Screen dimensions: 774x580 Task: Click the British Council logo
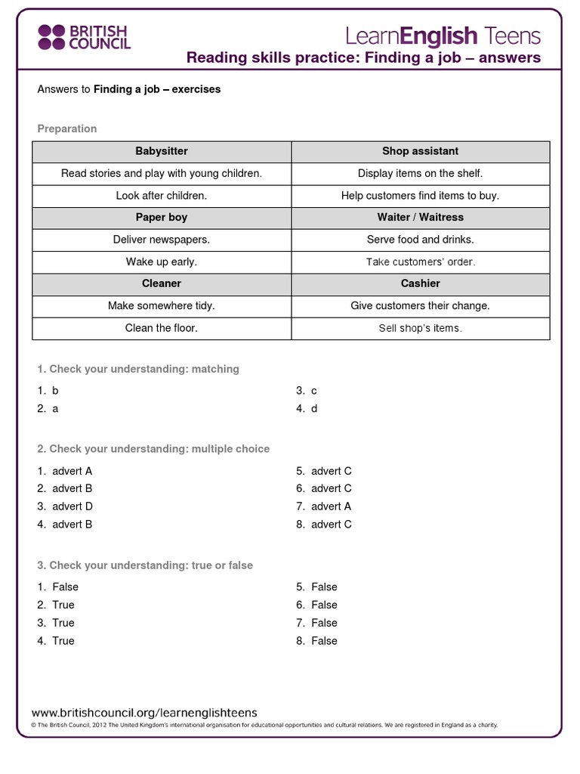84,36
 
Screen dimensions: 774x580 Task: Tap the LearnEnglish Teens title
443,36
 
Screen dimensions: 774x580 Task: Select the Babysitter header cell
162,151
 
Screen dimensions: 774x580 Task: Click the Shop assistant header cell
421,151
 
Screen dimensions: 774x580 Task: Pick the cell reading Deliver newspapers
162,240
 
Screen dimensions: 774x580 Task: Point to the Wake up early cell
162,262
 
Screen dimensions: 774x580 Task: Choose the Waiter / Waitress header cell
421,217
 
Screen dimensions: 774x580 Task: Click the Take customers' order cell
421,262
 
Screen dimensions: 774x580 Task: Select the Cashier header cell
421,283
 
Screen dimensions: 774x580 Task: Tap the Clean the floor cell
162,328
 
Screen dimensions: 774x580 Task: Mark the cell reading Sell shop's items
421,328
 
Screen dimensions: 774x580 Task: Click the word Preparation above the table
67,128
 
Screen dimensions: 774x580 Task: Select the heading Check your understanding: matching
138,369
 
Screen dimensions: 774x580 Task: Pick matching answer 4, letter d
313,408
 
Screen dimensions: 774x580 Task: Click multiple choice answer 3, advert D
72,506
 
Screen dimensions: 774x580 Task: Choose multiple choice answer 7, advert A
331,506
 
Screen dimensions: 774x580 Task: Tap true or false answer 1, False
65,587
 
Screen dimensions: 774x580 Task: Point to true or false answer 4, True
63,641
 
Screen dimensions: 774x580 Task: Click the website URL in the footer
144,712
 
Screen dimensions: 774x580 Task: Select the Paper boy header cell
162,217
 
